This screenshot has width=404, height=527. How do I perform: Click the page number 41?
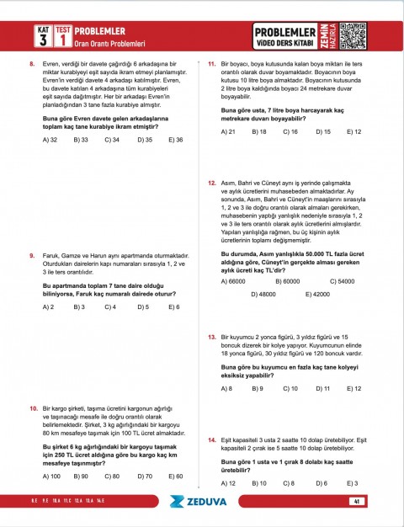coord(358,502)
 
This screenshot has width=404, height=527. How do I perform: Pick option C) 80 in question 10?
coord(111,476)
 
